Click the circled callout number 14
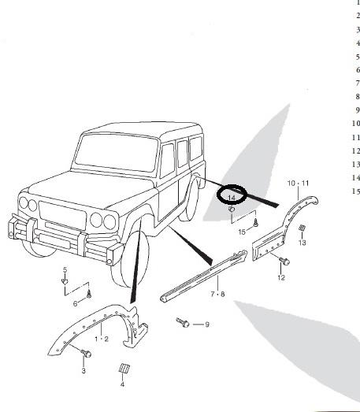pos(232,197)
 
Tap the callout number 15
pos(242,232)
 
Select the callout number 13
pos(302,243)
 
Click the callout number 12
pos(281,277)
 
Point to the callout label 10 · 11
pos(298,183)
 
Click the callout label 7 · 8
pos(218,294)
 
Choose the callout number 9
pos(207,325)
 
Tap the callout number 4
pos(122,384)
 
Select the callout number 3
pos(84,371)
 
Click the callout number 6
pos(76,303)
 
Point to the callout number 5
pos(65,269)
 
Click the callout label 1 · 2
pos(102,339)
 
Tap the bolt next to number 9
pos(183,322)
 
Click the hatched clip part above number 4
pos(124,368)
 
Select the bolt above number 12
pos(284,261)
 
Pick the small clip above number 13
pos(302,228)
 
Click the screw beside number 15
pos(256,223)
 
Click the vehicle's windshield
pos(117,152)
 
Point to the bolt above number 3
pos(86,353)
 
